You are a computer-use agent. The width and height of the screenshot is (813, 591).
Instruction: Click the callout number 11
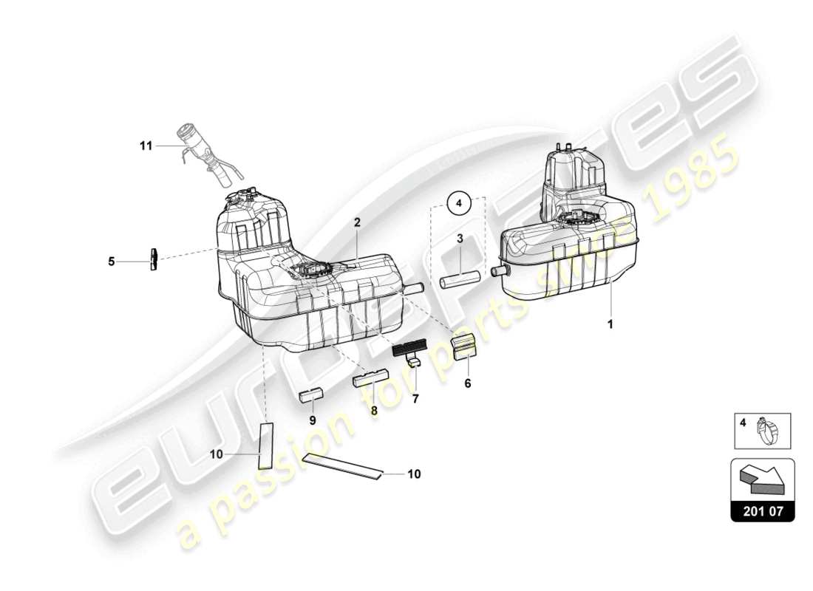point(146,146)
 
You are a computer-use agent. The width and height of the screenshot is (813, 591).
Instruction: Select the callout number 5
point(112,261)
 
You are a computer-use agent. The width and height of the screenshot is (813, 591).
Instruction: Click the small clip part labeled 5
point(154,259)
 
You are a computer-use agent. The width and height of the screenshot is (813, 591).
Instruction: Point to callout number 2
point(356,222)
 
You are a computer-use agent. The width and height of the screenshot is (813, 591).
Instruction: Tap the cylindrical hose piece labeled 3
point(461,281)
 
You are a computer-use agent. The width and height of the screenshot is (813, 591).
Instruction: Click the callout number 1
point(610,324)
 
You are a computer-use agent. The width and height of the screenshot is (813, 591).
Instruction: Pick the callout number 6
point(467,383)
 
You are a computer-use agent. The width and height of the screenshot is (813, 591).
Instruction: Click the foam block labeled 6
point(464,346)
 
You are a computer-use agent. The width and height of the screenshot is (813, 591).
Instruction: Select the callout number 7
point(415,399)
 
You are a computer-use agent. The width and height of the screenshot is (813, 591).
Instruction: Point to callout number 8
point(374,410)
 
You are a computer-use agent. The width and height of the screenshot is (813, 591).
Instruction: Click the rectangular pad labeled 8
point(370,380)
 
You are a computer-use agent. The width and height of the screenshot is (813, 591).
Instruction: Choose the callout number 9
point(312,420)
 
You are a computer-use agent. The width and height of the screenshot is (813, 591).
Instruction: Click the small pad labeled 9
point(311,393)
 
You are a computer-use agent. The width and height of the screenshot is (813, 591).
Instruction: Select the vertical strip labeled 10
point(265,446)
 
